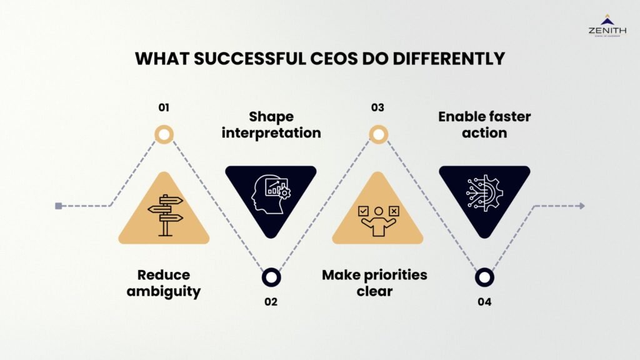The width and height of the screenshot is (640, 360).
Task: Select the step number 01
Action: pyautogui.click(x=164, y=107)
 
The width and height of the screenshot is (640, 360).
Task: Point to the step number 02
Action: pyautogui.click(x=271, y=302)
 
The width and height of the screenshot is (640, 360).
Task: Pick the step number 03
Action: pyautogui.click(x=377, y=107)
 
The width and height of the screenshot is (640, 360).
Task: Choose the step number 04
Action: pyautogui.click(x=484, y=302)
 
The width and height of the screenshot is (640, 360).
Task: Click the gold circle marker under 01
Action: pyautogui.click(x=164, y=134)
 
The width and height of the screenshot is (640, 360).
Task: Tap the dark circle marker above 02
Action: pyautogui.click(x=271, y=276)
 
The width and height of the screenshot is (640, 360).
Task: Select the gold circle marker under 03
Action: pyautogui.click(x=377, y=134)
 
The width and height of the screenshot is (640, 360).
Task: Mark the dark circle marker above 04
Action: pyautogui.click(x=484, y=276)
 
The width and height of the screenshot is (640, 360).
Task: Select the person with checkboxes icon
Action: pyautogui.click(x=377, y=219)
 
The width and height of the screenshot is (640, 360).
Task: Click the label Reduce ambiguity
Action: pyautogui.click(x=164, y=282)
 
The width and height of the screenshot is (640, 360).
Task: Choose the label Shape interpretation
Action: pyautogui.click(x=271, y=124)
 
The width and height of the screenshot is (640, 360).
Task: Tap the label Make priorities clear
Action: pyautogui.click(x=374, y=282)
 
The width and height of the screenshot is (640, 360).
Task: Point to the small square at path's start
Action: pyautogui.click(x=58, y=206)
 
